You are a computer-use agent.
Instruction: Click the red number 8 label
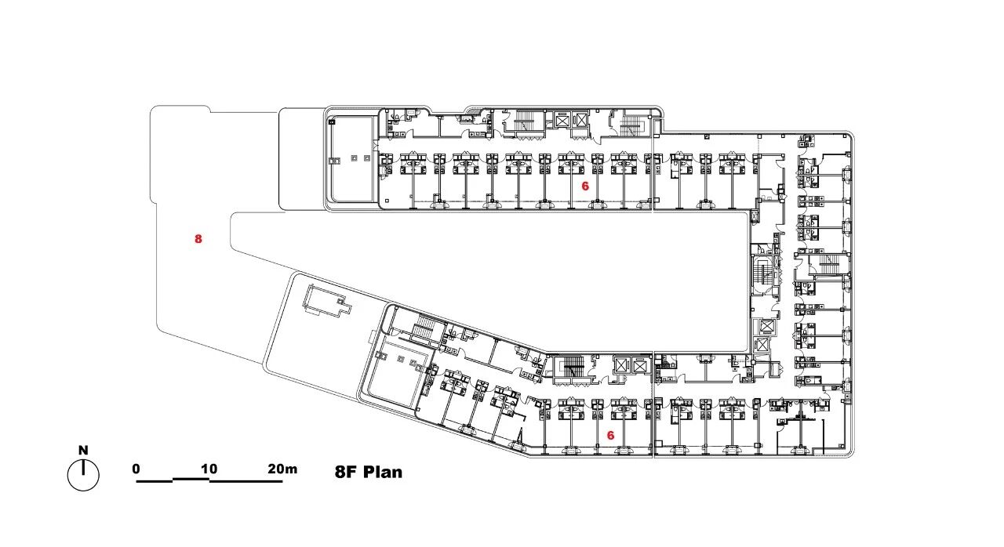pyautogui.click(x=198, y=239)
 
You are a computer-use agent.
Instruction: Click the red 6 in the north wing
pyautogui.click(x=585, y=187)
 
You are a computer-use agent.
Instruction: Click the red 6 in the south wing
pyautogui.click(x=610, y=435)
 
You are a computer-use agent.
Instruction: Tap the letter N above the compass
pyautogui.click(x=83, y=450)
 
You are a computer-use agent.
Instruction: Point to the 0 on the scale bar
pyautogui.click(x=136, y=469)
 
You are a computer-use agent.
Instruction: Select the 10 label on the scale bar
pyautogui.click(x=209, y=469)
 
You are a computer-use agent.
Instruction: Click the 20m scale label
pyautogui.click(x=282, y=469)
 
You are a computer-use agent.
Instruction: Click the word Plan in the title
pyautogui.click(x=383, y=472)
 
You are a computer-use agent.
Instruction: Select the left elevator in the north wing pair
pyautogui.click(x=562, y=120)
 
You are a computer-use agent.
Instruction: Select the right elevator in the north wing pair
pyautogui.click(x=581, y=120)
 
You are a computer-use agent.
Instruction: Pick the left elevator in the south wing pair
pyautogui.click(x=620, y=366)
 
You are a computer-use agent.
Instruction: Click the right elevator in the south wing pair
pyautogui.click(x=639, y=366)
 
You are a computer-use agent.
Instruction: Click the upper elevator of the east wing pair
pyautogui.click(x=764, y=326)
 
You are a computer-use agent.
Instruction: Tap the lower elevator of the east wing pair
pyautogui.click(x=762, y=345)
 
